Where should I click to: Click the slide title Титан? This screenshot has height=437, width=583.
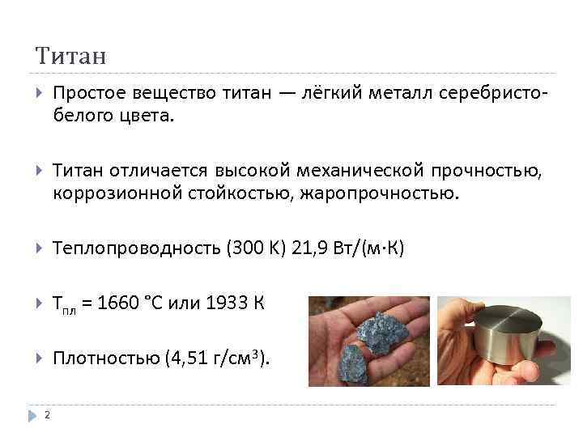click(x=71, y=57)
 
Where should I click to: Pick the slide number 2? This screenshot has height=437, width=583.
click(x=48, y=416)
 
